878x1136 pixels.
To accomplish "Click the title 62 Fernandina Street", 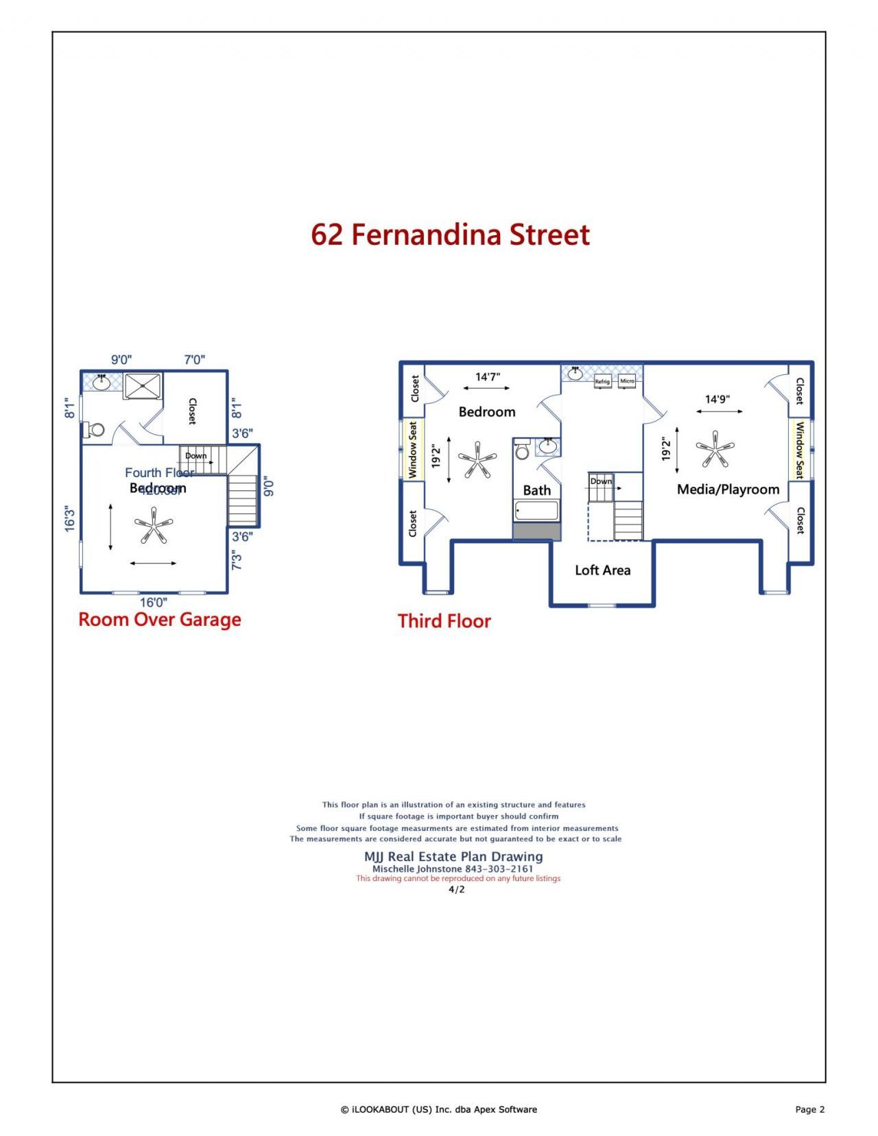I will click(x=450, y=234).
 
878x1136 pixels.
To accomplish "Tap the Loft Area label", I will click(x=602, y=570).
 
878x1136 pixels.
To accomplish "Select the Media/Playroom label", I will click(x=728, y=489).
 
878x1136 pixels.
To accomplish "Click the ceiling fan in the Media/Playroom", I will click(x=715, y=450).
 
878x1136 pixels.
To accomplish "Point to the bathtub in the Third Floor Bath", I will click(x=536, y=511).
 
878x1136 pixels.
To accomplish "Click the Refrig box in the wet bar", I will click(x=602, y=381).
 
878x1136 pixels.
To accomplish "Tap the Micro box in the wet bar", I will click(x=627, y=380).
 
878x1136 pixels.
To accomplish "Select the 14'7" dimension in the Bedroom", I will click(x=488, y=376).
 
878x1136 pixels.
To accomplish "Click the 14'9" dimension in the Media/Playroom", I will click(x=717, y=399).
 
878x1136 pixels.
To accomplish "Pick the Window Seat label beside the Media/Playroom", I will click(x=799, y=450).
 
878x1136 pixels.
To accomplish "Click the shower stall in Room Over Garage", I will click(x=143, y=385).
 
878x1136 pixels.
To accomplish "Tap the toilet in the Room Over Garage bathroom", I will click(x=94, y=431).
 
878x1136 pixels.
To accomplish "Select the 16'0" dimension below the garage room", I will click(x=154, y=602).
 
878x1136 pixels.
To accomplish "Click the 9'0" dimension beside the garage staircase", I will click(x=269, y=487).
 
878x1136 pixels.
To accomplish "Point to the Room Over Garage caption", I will click(x=160, y=619).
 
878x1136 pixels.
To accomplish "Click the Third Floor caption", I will click(x=444, y=620).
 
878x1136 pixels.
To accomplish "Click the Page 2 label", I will click(x=809, y=1109).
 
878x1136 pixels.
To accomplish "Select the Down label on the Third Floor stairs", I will click(x=601, y=481).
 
